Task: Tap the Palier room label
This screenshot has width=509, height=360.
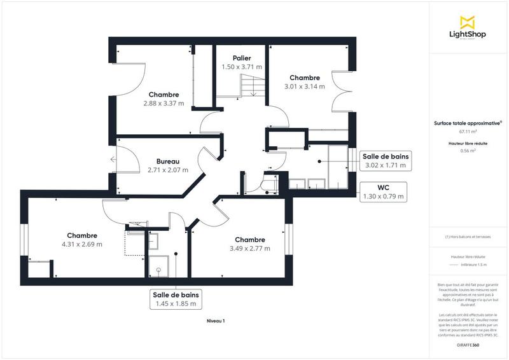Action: [241, 59]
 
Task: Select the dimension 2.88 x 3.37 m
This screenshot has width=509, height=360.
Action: [164, 103]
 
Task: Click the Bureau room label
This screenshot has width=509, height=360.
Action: [168, 162]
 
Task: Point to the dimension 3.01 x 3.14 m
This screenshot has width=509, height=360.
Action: [303, 86]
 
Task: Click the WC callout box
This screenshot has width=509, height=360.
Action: [384, 192]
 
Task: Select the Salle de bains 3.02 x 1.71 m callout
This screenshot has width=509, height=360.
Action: [386, 161]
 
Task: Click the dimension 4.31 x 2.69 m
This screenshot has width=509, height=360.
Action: [82, 244]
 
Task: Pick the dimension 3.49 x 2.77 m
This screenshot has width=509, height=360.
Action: [249, 248]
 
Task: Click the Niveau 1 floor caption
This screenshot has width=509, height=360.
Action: [216, 321]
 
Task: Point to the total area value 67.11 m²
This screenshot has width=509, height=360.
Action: [468, 132]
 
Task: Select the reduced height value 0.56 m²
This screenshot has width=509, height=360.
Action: [468, 151]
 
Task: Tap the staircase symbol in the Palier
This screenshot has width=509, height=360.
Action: [251, 85]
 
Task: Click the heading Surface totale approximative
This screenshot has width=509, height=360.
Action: [468, 123]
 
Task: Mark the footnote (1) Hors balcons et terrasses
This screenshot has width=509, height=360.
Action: [468, 238]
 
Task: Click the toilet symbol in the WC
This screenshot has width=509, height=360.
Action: [269, 185]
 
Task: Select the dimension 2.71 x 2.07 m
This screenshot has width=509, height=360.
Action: [168, 170]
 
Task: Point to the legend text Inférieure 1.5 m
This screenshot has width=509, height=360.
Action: [474, 265]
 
